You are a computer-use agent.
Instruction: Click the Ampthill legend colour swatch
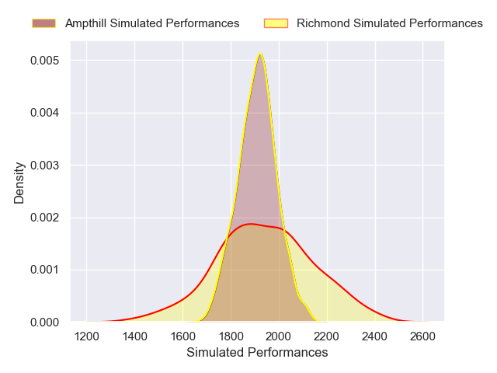[44, 23]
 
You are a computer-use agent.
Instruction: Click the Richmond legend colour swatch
[276, 23]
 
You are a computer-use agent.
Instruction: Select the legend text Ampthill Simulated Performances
[152, 23]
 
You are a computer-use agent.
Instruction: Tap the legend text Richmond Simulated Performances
[390, 23]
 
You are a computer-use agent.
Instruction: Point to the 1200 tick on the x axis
[87, 336]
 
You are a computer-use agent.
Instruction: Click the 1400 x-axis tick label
[135, 336]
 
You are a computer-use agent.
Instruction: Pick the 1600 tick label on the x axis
[183, 336]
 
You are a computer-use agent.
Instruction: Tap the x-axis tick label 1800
[231, 336]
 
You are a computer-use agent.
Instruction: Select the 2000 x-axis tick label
[280, 336]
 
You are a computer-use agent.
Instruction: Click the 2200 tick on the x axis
[327, 336]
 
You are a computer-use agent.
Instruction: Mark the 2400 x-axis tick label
[375, 336]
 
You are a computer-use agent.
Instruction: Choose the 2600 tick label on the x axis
[423, 336]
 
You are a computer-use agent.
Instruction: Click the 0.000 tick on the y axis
[47, 322]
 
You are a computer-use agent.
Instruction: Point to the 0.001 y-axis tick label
[47, 270]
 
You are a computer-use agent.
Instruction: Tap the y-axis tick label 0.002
[47, 218]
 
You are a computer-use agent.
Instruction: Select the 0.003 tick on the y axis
[47, 165]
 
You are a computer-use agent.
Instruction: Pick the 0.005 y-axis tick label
[47, 61]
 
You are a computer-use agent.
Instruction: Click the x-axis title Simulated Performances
[257, 353]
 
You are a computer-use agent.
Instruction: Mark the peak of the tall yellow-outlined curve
[260, 53]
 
